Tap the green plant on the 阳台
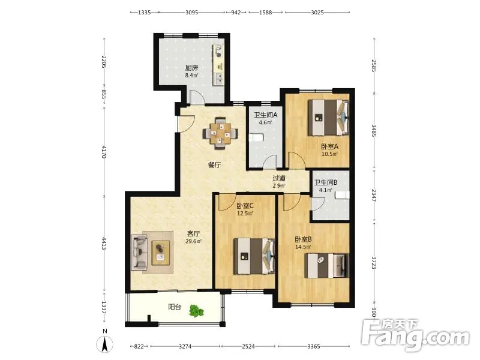(196, 311)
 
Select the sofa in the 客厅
(139, 252)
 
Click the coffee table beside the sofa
(161, 253)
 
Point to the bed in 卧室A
(328, 117)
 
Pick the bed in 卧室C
(254, 256)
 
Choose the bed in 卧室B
(326, 265)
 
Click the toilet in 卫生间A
(255, 138)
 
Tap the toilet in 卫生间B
(342, 194)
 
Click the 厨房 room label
(191, 68)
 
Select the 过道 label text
(279, 178)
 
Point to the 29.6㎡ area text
(193, 241)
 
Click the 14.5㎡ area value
(304, 247)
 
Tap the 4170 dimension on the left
(104, 152)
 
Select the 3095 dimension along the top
(191, 12)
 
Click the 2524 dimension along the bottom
(248, 346)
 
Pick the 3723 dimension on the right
(373, 262)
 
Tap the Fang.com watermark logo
(415, 335)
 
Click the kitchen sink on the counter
(219, 79)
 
